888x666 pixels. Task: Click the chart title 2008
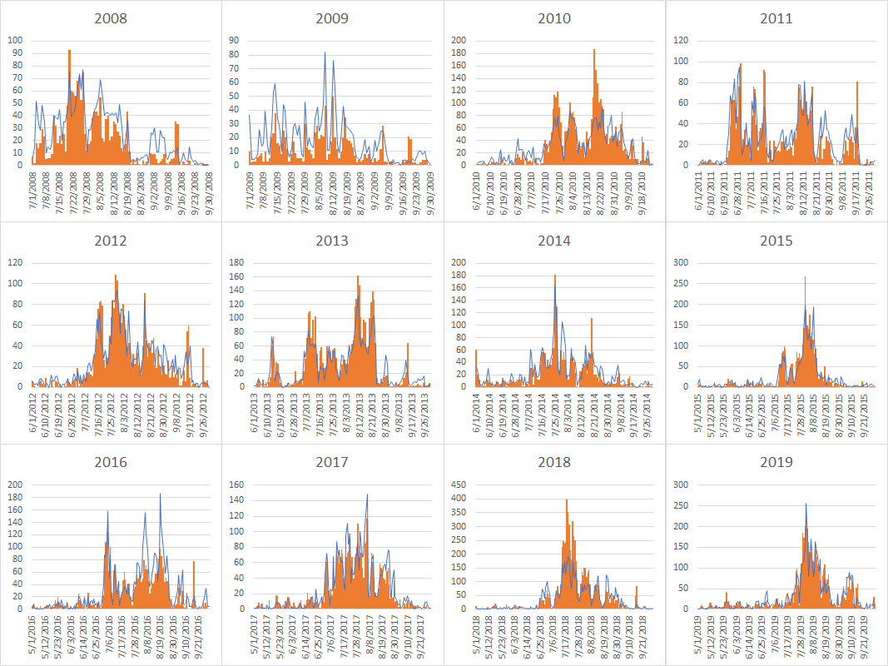pos(111,18)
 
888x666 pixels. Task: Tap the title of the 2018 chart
pos(554,462)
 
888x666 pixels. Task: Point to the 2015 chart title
pos(776,241)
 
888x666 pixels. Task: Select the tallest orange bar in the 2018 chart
pos(567,501)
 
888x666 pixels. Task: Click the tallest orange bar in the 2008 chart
pos(69,52)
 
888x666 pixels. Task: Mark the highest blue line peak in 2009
pos(325,53)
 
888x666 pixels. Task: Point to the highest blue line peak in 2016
pos(161,494)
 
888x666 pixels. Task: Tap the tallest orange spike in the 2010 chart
pos(594,51)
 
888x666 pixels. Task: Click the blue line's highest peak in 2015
pos(805,277)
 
